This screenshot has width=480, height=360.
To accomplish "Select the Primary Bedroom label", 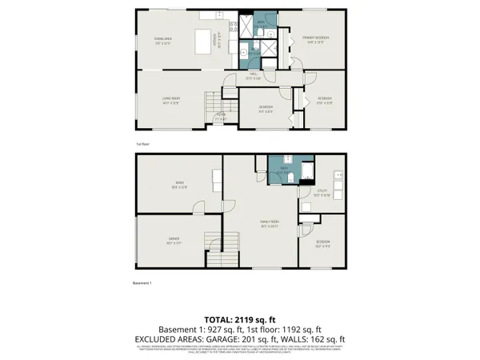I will tap(316, 38).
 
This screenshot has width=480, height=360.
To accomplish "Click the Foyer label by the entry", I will tap(219, 116).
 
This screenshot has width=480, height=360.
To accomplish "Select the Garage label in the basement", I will tap(173, 239).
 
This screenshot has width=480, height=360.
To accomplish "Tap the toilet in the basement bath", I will tap(294, 174).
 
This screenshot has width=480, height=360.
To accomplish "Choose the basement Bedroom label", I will tap(322, 243).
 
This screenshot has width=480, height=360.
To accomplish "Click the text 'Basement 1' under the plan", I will tap(141, 283).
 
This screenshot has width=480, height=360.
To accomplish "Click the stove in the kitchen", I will tap(234, 29).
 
